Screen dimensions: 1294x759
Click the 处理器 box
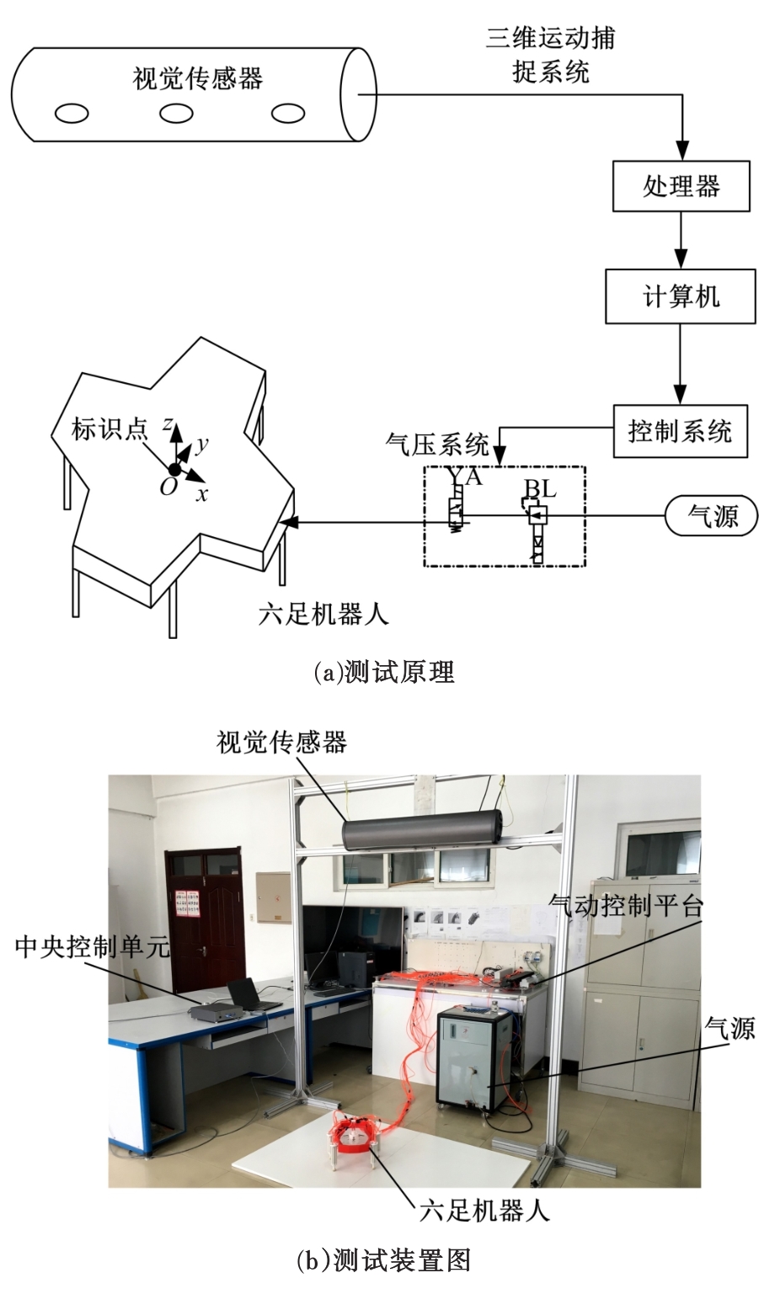[x=681, y=186]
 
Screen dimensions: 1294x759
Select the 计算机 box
[x=681, y=297]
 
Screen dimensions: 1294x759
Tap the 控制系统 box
[x=680, y=432]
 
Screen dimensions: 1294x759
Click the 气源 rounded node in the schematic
[x=713, y=514]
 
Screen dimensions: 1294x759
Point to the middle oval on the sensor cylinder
[x=176, y=112]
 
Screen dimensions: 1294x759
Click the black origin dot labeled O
[x=174, y=470]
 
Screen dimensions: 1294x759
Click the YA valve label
[x=466, y=477]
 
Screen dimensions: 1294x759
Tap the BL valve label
[x=540, y=489]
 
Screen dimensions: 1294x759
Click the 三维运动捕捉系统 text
[x=551, y=56]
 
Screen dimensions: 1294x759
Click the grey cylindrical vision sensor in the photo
[x=421, y=830]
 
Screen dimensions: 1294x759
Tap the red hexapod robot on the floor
[x=355, y=1136]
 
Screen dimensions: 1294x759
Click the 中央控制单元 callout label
[x=93, y=949]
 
